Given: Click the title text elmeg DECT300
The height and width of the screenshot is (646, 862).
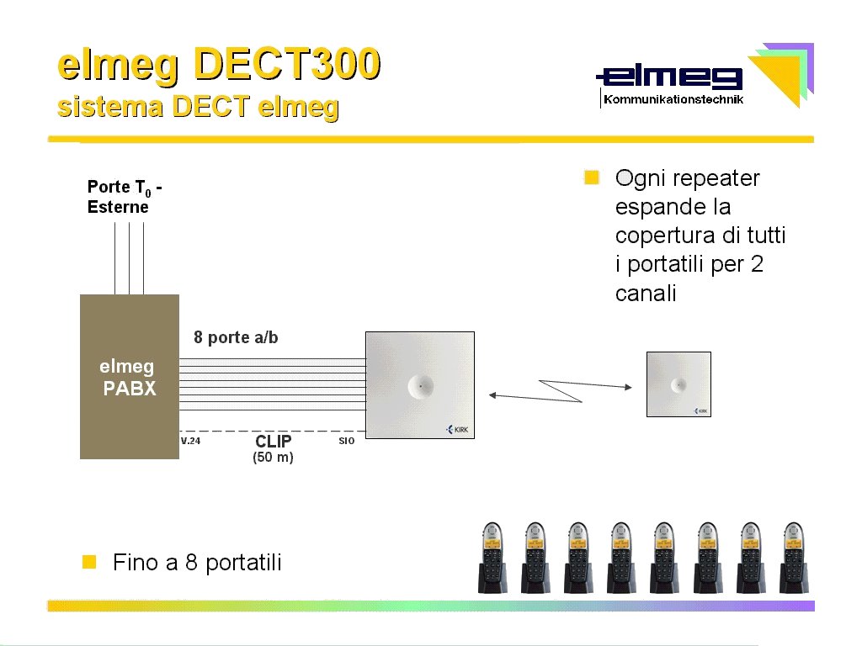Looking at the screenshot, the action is tap(219, 66).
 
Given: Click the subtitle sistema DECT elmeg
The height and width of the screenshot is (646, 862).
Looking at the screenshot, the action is tap(198, 107).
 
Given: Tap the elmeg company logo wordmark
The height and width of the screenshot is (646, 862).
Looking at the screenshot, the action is tap(669, 77).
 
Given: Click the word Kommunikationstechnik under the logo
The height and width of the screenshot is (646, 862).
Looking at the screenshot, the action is tap(673, 99).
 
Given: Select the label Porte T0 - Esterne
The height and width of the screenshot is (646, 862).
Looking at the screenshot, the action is tap(125, 197).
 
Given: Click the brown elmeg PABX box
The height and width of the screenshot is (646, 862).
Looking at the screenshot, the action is tap(130, 377).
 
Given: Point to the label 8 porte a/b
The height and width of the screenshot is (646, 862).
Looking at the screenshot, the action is tap(236, 337).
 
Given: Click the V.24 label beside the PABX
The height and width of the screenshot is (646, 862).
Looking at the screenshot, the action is tap(191, 441).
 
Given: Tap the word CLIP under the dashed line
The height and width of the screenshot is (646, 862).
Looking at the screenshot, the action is tap(274, 441).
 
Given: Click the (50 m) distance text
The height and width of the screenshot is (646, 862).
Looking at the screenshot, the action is tap(274, 457).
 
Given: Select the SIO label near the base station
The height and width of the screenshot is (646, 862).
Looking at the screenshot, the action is tap(346, 441).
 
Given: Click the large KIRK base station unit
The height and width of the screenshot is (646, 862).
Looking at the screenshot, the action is tap(420, 385).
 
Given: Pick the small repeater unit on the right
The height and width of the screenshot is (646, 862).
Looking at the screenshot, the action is tap(679, 384).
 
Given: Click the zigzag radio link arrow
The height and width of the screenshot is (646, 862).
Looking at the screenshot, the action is tap(560, 390).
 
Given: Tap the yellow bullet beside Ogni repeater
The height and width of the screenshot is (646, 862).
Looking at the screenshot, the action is tap(592, 177).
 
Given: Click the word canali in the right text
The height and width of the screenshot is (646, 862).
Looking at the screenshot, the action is tap(646, 294).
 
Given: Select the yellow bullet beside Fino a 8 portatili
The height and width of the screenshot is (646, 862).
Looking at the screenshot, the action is tap(89, 561).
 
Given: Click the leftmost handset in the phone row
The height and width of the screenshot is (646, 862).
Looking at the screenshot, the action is tap(492, 558).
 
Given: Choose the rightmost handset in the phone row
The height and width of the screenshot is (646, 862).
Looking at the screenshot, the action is tap(794, 558).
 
